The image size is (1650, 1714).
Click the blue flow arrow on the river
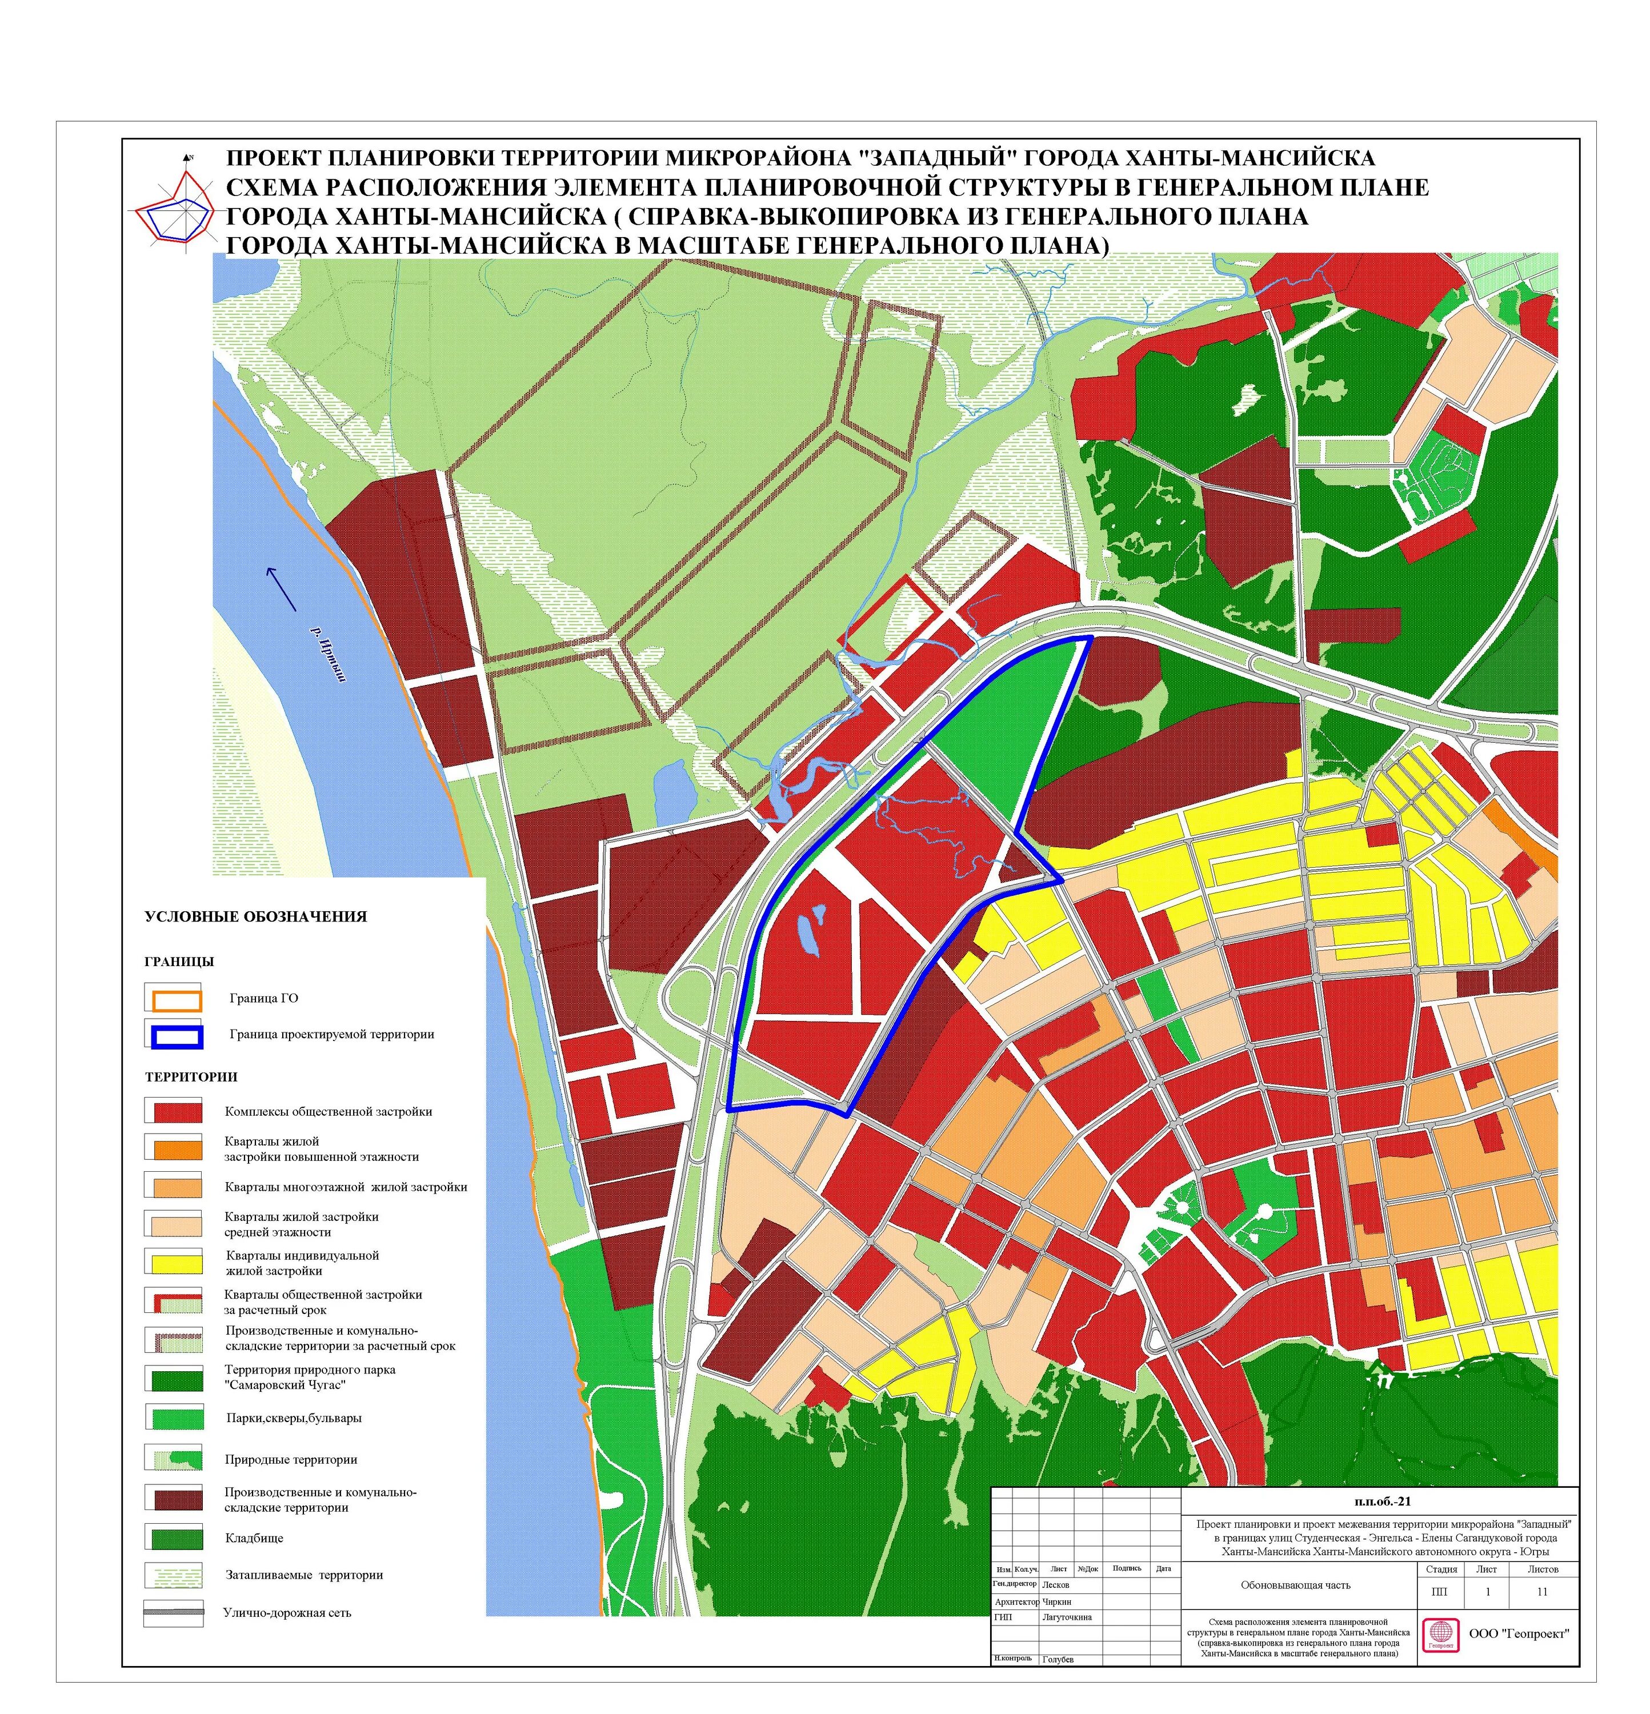click(x=282, y=588)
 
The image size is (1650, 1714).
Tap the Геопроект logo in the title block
click(x=1439, y=1635)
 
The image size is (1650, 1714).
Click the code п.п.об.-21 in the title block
click(x=1383, y=1503)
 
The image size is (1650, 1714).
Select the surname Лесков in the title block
click(x=1056, y=1584)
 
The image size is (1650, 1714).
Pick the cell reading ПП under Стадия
click(x=1440, y=1592)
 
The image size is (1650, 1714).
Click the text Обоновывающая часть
click(x=1295, y=1584)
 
